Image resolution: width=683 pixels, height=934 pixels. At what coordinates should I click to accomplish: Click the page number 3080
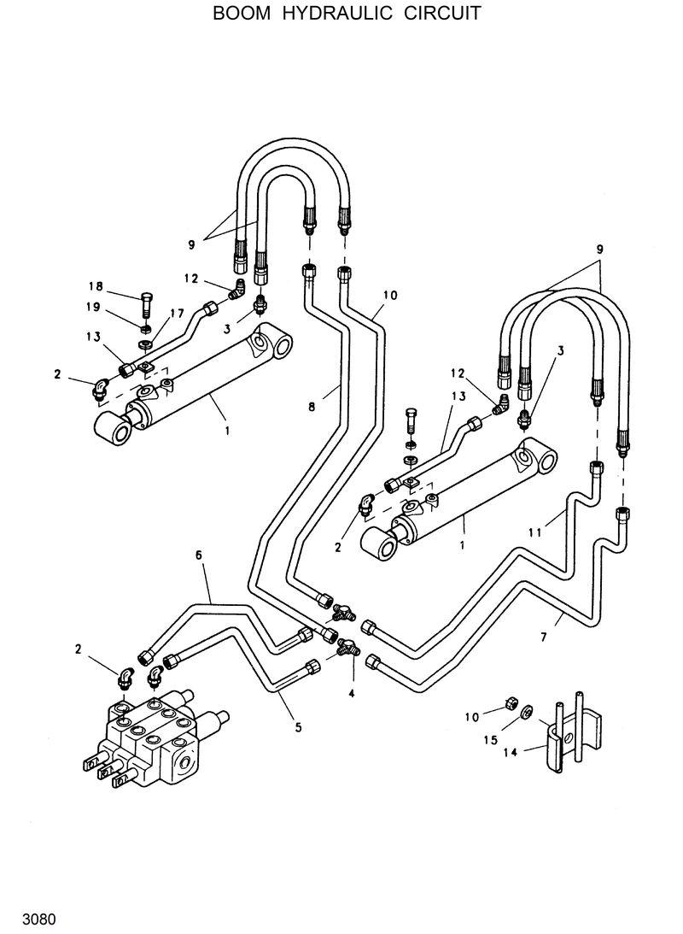[x=39, y=920]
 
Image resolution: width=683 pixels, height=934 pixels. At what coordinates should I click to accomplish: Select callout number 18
[x=96, y=286]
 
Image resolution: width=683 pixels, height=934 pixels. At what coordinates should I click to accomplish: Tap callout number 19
[x=93, y=307]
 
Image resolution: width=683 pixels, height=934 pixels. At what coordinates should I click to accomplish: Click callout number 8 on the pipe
[x=312, y=408]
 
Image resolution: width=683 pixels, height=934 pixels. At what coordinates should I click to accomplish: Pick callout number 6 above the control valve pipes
[x=198, y=555]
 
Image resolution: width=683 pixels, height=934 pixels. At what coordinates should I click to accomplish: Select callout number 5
[x=298, y=729]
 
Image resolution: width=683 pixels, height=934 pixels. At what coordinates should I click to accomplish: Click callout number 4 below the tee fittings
[x=350, y=694]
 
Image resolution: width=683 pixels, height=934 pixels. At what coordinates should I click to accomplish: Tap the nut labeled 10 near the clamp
[x=505, y=702]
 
